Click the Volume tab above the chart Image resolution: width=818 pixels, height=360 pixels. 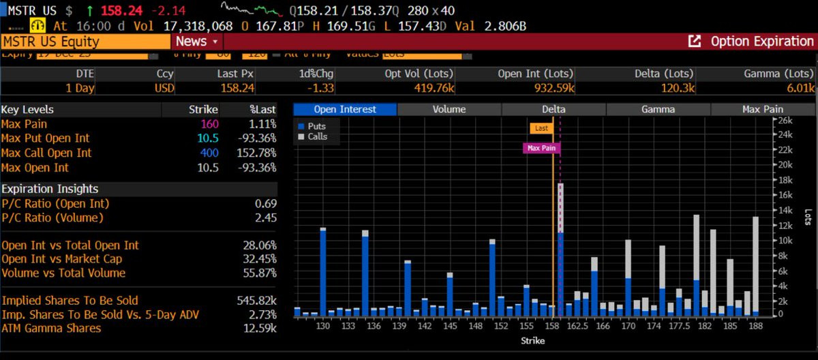click(x=449, y=109)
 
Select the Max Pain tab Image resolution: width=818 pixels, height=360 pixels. click(x=762, y=109)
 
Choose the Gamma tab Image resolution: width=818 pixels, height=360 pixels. click(x=658, y=109)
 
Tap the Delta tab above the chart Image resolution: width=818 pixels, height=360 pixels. click(x=554, y=109)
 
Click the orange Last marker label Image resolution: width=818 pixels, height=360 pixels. click(x=541, y=127)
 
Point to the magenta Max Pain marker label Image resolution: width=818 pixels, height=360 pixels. click(x=542, y=147)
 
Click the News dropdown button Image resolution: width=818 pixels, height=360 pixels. click(x=196, y=42)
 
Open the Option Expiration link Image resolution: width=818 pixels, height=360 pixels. click(x=753, y=42)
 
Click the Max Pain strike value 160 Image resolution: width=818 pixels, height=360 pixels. click(x=209, y=124)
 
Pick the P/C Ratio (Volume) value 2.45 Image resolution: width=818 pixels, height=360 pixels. click(x=265, y=217)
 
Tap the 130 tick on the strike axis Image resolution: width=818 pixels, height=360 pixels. click(x=323, y=327)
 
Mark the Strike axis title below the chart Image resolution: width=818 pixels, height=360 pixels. click(x=532, y=340)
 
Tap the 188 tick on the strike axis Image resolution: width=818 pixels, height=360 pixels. click(x=755, y=327)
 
